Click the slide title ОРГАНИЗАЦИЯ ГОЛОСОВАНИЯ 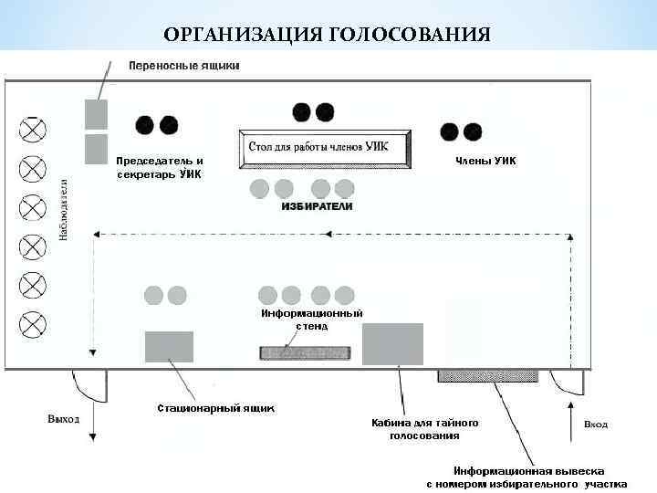(x=327, y=36)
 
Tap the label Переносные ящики (x=183, y=66)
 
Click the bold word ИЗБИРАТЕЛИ (x=315, y=207)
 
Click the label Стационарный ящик (x=215, y=407)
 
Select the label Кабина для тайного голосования (x=424, y=429)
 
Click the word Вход (x=595, y=425)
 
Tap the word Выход (x=64, y=419)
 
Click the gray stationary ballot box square (x=169, y=347)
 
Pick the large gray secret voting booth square (x=392, y=344)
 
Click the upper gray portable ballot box (x=96, y=114)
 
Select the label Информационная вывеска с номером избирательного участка (x=527, y=476)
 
